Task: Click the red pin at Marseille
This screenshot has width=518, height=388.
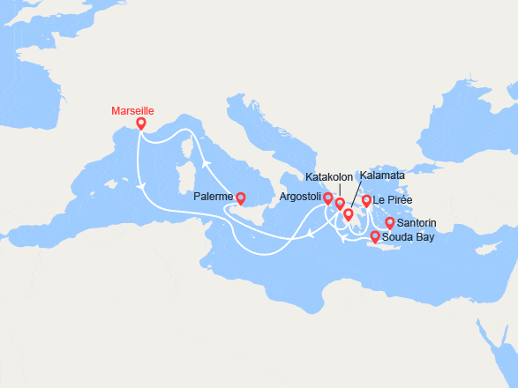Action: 140,125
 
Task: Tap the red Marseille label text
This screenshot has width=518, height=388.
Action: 133,111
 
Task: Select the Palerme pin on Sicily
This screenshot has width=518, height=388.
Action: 240,199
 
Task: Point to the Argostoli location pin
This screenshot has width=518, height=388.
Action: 328,199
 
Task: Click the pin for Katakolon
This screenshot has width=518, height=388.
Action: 340,205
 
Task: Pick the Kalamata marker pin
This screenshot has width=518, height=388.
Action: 348,214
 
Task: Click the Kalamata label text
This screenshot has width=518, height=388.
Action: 382,175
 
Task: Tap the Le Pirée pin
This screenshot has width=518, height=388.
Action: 366,202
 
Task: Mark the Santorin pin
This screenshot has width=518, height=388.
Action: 389,223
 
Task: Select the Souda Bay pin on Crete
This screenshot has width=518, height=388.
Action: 374,236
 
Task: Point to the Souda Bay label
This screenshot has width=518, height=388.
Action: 408,238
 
